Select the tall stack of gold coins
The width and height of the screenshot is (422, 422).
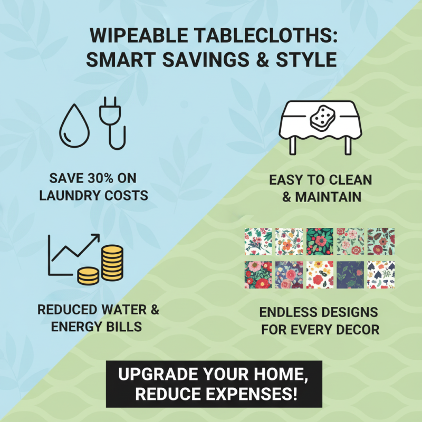coord(112,264)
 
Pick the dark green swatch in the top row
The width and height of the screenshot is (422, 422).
coord(321,241)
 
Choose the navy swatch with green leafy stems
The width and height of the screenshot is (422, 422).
coord(351,274)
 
